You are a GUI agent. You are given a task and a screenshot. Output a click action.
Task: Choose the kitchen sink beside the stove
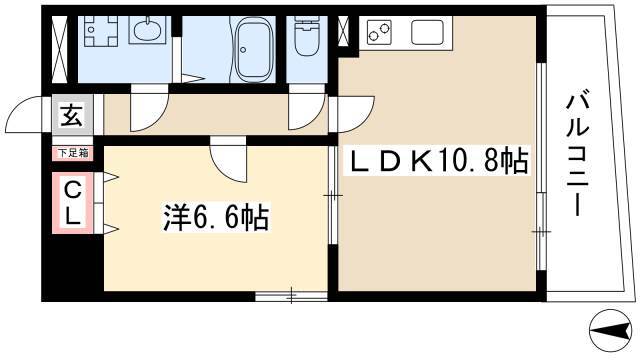click(426, 33)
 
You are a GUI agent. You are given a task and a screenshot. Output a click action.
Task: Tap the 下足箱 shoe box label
click(72, 153)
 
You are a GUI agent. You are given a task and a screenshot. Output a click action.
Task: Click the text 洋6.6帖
click(216, 218)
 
